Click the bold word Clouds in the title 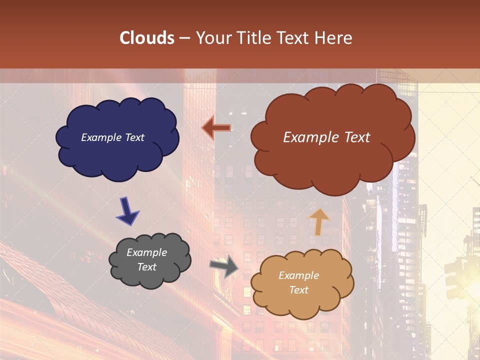(x=147, y=38)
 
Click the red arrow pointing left (x=216, y=128)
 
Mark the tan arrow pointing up (x=318, y=222)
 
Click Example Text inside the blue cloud (x=112, y=137)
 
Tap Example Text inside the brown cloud (x=326, y=137)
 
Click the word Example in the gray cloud (x=146, y=252)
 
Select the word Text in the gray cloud (x=146, y=267)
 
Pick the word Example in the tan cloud (x=298, y=275)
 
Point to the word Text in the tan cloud (x=298, y=290)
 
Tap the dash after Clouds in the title (x=184, y=38)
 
